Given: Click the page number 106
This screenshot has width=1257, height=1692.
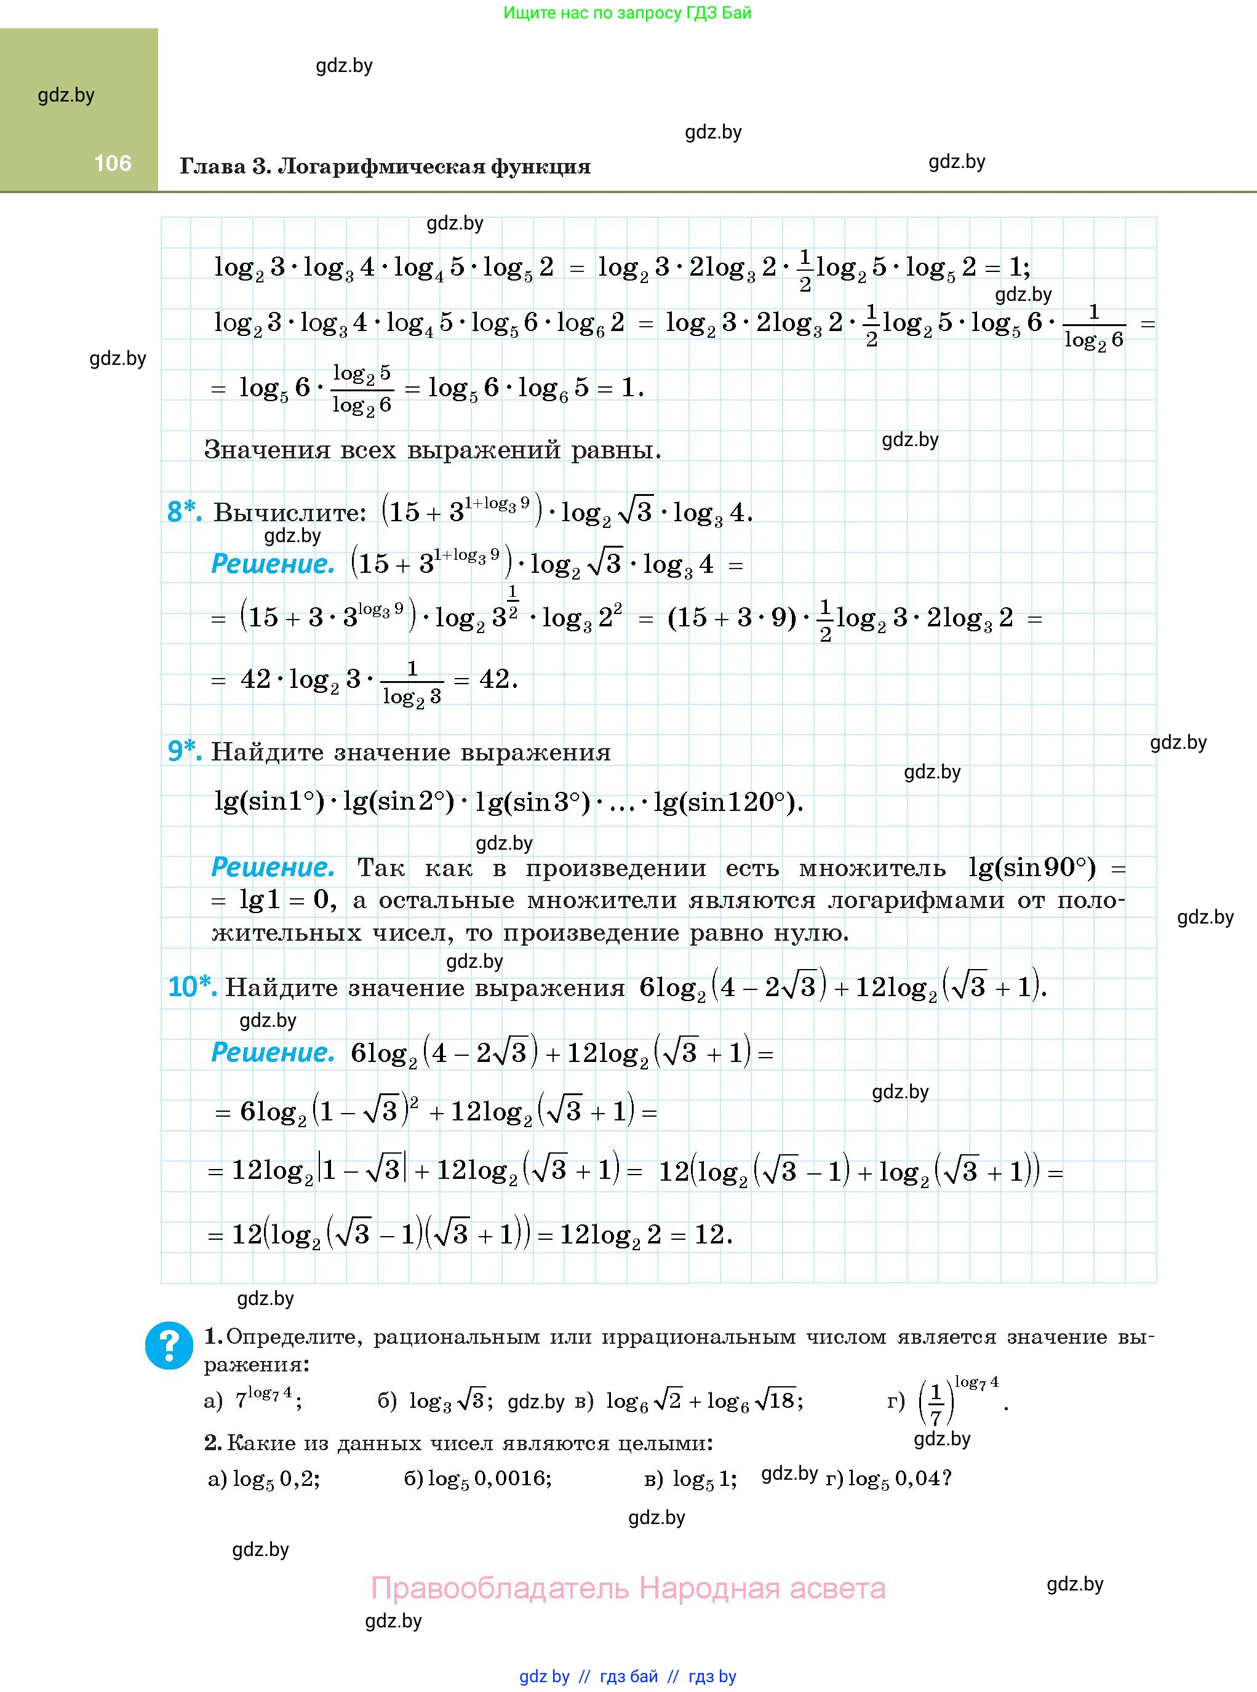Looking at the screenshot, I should point(113,163).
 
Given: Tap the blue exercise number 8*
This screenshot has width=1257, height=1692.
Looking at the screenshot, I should point(184,512).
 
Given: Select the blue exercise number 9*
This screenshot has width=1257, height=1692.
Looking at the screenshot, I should point(184,751).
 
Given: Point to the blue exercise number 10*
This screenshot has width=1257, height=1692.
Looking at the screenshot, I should point(192,987).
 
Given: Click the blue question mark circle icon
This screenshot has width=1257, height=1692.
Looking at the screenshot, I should point(169,1345).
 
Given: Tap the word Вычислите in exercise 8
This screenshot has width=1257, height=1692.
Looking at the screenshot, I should point(290,513).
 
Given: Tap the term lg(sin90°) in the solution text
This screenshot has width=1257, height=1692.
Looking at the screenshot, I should point(1032,868).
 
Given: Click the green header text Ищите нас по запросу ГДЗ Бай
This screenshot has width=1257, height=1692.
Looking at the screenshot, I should point(627,13).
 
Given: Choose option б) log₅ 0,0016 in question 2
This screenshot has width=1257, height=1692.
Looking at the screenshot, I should point(478,1479).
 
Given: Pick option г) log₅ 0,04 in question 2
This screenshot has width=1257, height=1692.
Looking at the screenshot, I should point(888,1479).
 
